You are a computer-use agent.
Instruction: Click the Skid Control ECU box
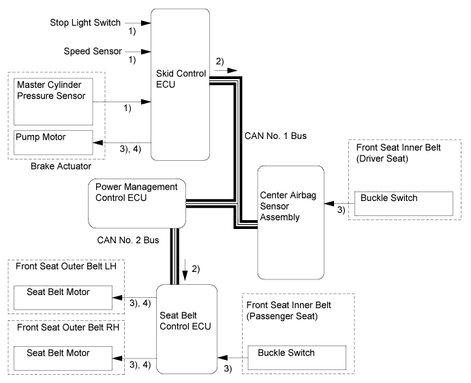coord(178,82)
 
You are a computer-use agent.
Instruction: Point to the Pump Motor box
coord(53,142)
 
